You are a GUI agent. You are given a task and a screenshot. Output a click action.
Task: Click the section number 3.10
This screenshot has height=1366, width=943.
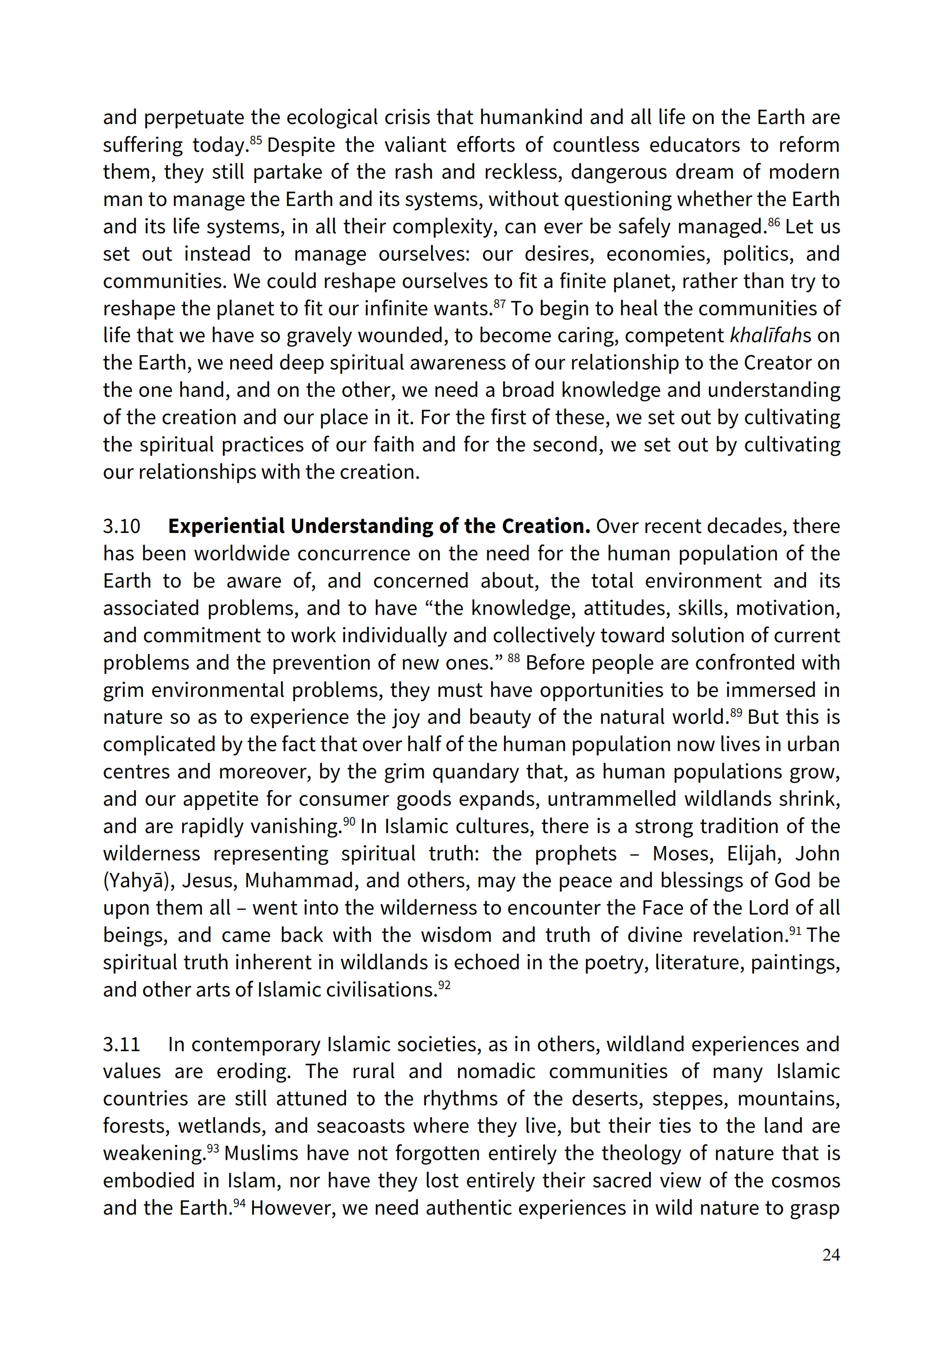122,526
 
